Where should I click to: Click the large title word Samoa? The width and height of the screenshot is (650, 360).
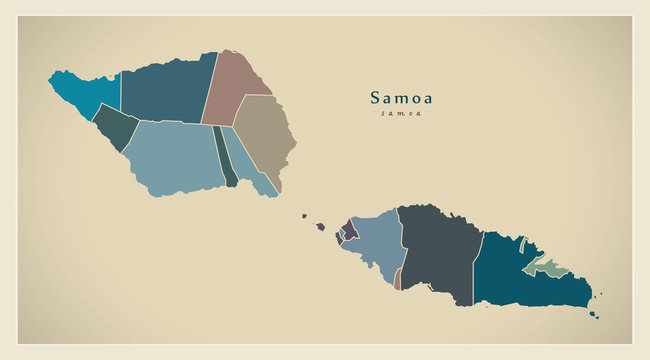[x=401, y=98]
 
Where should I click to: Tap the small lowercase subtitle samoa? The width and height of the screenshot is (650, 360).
[x=401, y=113]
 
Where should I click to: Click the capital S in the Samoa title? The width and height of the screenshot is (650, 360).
[x=376, y=98]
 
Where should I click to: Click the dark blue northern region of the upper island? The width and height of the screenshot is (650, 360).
[x=166, y=91]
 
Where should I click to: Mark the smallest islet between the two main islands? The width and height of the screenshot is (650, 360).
[x=304, y=214]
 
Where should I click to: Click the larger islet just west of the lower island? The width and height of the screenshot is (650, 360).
[x=320, y=226]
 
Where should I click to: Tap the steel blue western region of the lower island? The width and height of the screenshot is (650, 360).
[x=376, y=244]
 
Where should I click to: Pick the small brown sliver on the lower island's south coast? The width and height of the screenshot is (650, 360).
[x=398, y=280]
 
